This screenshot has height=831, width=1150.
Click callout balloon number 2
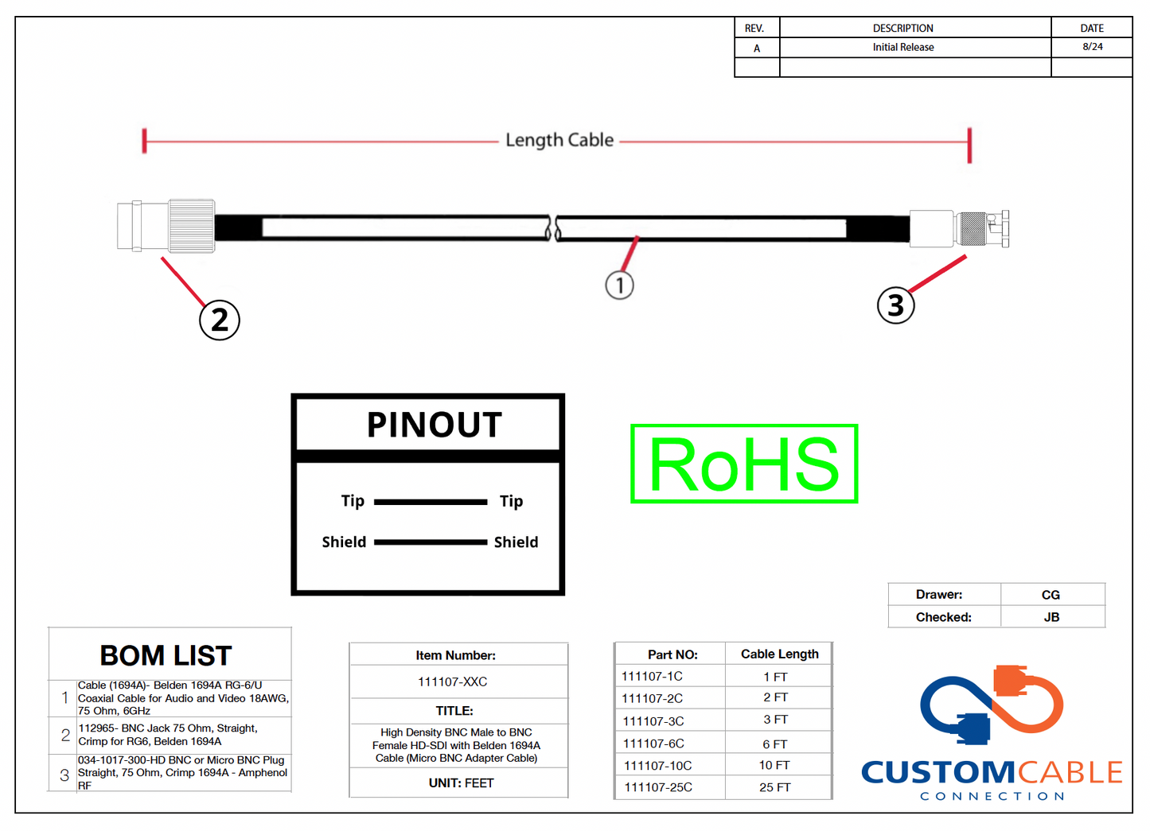click(x=219, y=320)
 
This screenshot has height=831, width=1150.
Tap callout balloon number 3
click(x=895, y=305)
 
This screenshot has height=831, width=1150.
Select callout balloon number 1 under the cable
click(x=619, y=285)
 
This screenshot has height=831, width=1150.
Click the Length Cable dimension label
click(x=559, y=140)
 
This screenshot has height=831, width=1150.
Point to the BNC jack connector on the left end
click(x=166, y=227)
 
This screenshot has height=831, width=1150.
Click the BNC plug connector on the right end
click(x=960, y=229)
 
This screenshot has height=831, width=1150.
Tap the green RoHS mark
click(x=744, y=464)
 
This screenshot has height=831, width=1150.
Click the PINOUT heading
click(x=435, y=425)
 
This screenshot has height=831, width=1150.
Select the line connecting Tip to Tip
click(x=431, y=502)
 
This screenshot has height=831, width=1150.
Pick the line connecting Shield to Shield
click(x=431, y=542)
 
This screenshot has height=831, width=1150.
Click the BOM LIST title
click(x=166, y=656)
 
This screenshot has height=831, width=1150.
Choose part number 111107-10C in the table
click(x=658, y=766)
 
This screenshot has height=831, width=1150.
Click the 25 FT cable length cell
click(x=774, y=787)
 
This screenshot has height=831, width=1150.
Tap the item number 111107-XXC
click(x=453, y=681)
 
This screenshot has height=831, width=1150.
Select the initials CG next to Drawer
click(x=1051, y=595)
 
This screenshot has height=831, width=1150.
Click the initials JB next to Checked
click(x=1051, y=617)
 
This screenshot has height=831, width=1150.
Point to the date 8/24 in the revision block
click(x=1093, y=47)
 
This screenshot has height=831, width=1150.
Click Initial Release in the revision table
click(x=903, y=47)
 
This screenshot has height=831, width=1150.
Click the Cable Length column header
click(x=779, y=654)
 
